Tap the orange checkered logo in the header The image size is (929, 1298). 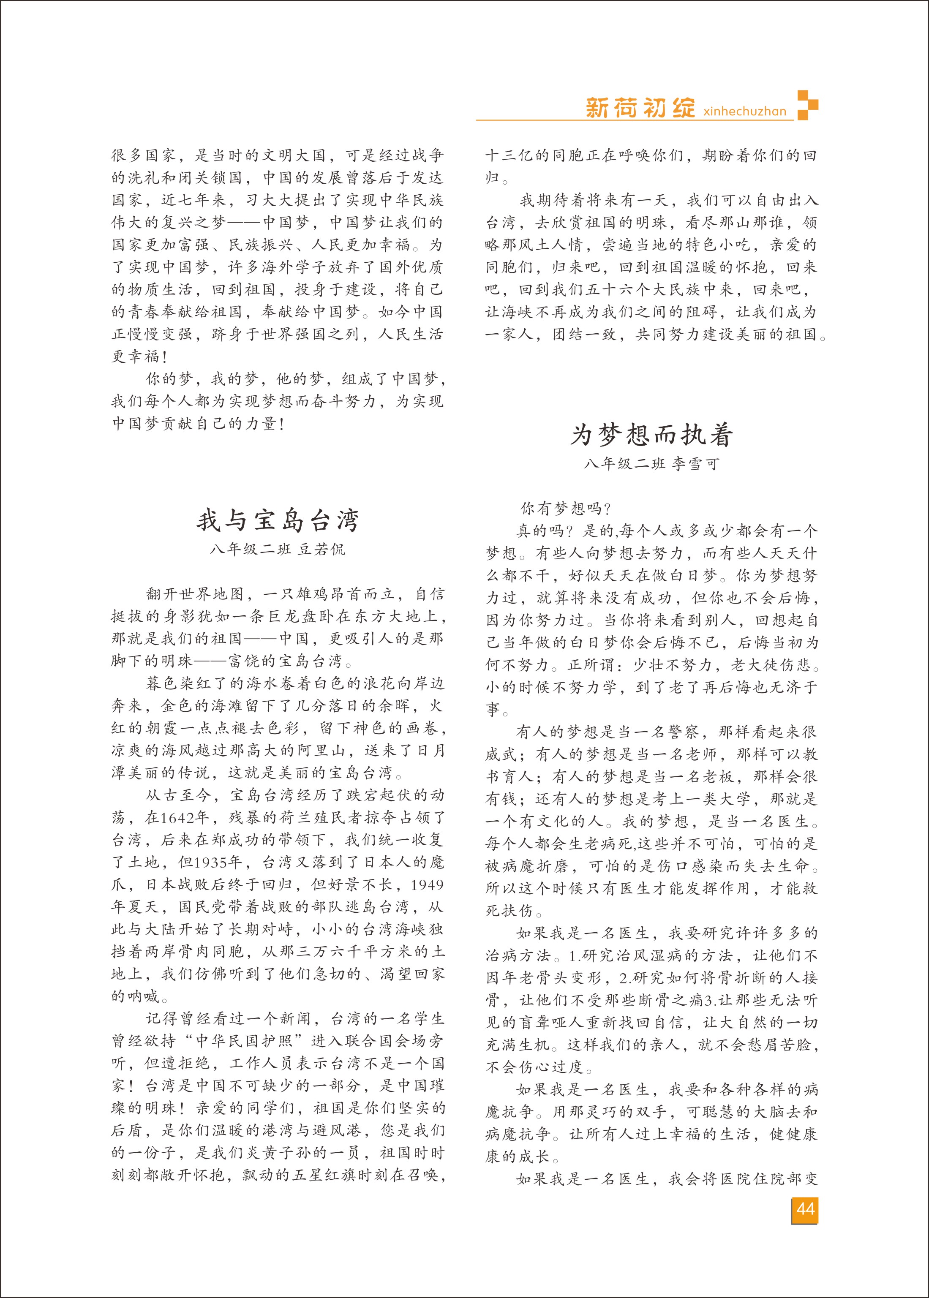click(x=807, y=105)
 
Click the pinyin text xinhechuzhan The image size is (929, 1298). click(x=745, y=111)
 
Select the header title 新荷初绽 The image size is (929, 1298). click(x=640, y=108)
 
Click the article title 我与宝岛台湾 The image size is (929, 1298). click(x=278, y=520)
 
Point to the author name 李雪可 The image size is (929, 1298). click(x=695, y=464)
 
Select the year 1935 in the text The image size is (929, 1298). click(x=212, y=862)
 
